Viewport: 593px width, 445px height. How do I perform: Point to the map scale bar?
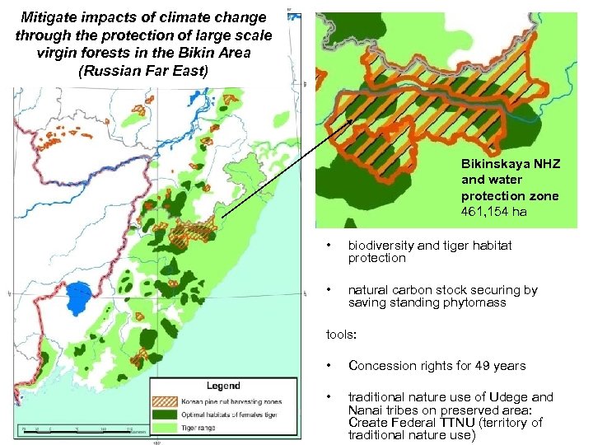(74, 430)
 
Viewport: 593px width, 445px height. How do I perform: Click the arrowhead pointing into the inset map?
(352, 122)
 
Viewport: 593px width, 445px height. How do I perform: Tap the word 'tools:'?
(341, 335)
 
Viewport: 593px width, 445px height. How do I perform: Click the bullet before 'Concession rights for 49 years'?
(329, 365)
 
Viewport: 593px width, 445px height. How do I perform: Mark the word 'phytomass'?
(479, 302)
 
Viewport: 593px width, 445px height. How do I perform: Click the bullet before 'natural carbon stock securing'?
(329, 289)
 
